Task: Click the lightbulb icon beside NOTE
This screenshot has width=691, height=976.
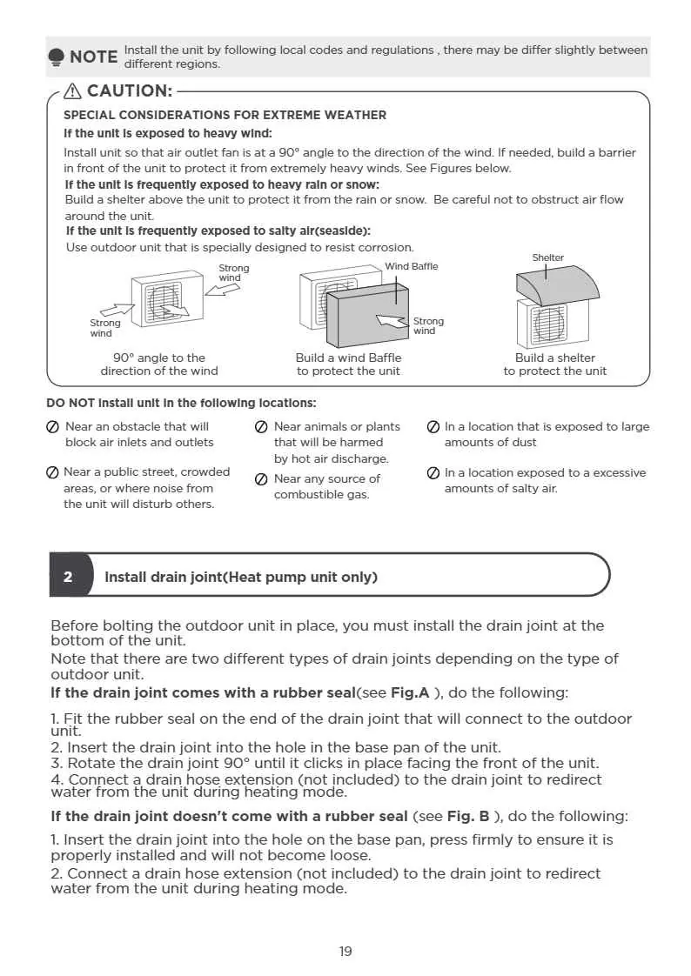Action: coord(56,57)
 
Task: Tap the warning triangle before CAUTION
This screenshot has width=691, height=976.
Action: coord(73,90)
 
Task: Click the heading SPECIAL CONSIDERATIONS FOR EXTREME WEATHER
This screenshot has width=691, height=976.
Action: coord(225,115)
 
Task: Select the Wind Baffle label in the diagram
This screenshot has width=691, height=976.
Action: coord(411,266)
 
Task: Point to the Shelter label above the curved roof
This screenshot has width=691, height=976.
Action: coord(547,257)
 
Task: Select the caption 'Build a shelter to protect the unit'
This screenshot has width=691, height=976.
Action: coord(554,364)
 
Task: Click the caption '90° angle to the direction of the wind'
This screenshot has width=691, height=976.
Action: coord(159,364)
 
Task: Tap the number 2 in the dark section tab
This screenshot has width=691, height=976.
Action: coord(68,577)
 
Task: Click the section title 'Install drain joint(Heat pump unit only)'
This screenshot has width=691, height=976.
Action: coord(241,577)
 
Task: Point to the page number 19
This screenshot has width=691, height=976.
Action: coord(345,951)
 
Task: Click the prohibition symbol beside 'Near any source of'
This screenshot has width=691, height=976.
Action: coord(261,479)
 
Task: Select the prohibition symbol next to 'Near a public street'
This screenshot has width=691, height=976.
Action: coord(52,472)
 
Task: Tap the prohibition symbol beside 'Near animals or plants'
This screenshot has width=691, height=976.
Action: coord(261,427)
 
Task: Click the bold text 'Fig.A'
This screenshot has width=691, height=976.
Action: coord(410,692)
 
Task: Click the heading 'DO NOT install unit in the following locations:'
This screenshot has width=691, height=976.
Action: coord(181,403)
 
